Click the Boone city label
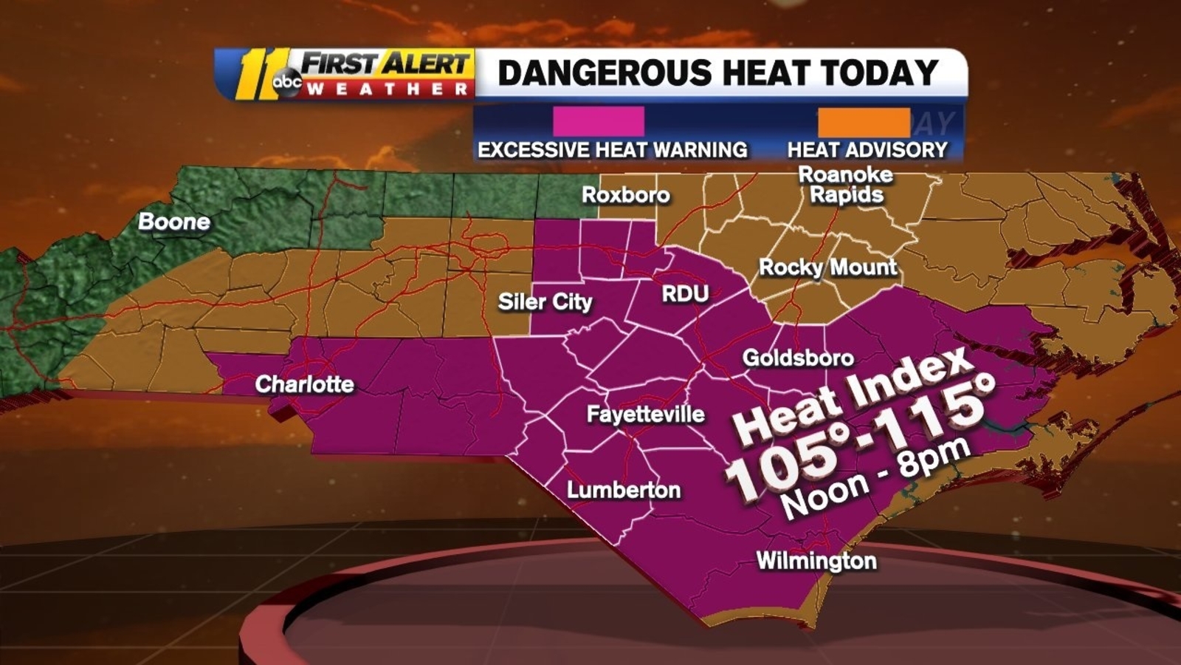pos(174,222)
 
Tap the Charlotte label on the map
pos(304,384)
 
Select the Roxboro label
pos(626,195)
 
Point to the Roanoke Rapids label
pos(846,185)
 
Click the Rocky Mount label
pos(828,267)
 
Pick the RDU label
pos(685,294)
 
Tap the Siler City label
pos(545,301)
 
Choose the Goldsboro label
pos(798,358)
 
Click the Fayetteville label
pos(645,414)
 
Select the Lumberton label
pos(624,490)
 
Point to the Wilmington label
pos(816,561)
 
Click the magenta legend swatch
pos(599,121)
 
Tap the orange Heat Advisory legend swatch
pos(864,122)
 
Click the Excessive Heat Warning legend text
pos(612,150)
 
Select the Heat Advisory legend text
pos(867,150)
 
